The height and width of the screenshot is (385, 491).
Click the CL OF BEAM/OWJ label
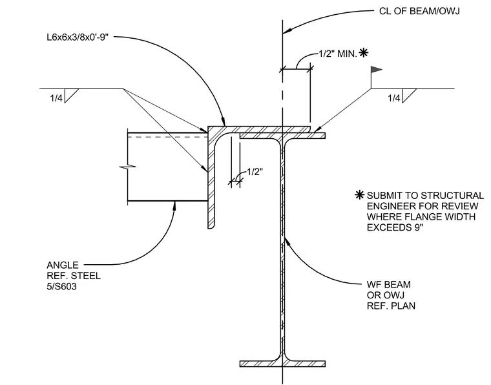(x=419, y=11)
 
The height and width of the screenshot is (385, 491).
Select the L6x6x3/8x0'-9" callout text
(x=78, y=37)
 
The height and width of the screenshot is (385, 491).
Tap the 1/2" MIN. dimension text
(x=338, y=54)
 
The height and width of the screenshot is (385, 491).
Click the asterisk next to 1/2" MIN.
(x=363, y=52)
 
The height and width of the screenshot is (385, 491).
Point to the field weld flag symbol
(x=376, y=70)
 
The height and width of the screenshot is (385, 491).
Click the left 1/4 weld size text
(x=56, y=98)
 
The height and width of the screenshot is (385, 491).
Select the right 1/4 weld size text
(x=394, y=98)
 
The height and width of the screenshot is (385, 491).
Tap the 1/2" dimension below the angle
(x=255, y=172)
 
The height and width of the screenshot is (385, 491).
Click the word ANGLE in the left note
(x=63, y=265)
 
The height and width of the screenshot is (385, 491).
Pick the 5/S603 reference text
(x=61, y=286)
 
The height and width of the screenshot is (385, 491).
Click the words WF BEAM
(x=389, y=284)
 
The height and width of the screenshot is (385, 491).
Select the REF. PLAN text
(x=391, y=306)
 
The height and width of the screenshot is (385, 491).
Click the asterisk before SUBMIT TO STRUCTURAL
(x=360, y=195)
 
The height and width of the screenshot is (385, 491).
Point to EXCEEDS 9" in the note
(x=395, y=227)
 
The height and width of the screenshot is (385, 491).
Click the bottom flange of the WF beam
(x=282, y=364)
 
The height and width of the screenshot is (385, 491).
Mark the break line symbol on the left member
(x=127, y=166)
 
